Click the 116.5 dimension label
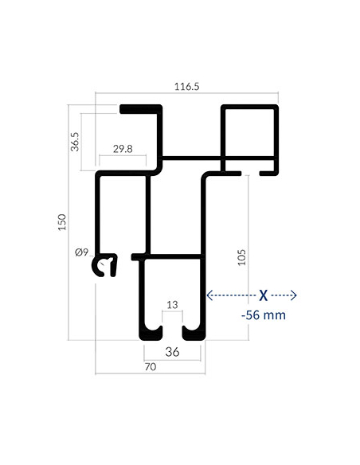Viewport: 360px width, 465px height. [186, 87]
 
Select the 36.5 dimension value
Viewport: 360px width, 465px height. [75, 142]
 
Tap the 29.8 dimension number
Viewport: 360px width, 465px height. [123, 149]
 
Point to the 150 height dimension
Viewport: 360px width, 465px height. [62, 222]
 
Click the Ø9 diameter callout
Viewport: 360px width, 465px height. [81, 252]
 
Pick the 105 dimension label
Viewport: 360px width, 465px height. [242, 257]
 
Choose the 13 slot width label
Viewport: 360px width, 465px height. [172, 305]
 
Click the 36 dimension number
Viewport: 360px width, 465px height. [172, 352]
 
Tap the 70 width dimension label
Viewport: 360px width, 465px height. [151, 367]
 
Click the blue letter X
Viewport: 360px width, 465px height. [264, 295]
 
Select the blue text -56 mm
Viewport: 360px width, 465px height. [264, 315]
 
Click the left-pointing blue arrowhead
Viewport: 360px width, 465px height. [209, 295]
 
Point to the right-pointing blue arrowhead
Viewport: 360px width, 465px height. [293, 295]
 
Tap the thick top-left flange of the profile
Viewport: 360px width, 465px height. [139, 109]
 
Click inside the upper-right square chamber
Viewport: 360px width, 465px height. [249, 132]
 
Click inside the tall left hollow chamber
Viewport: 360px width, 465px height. [123, 213]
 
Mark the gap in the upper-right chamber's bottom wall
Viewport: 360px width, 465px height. [250, 174]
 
